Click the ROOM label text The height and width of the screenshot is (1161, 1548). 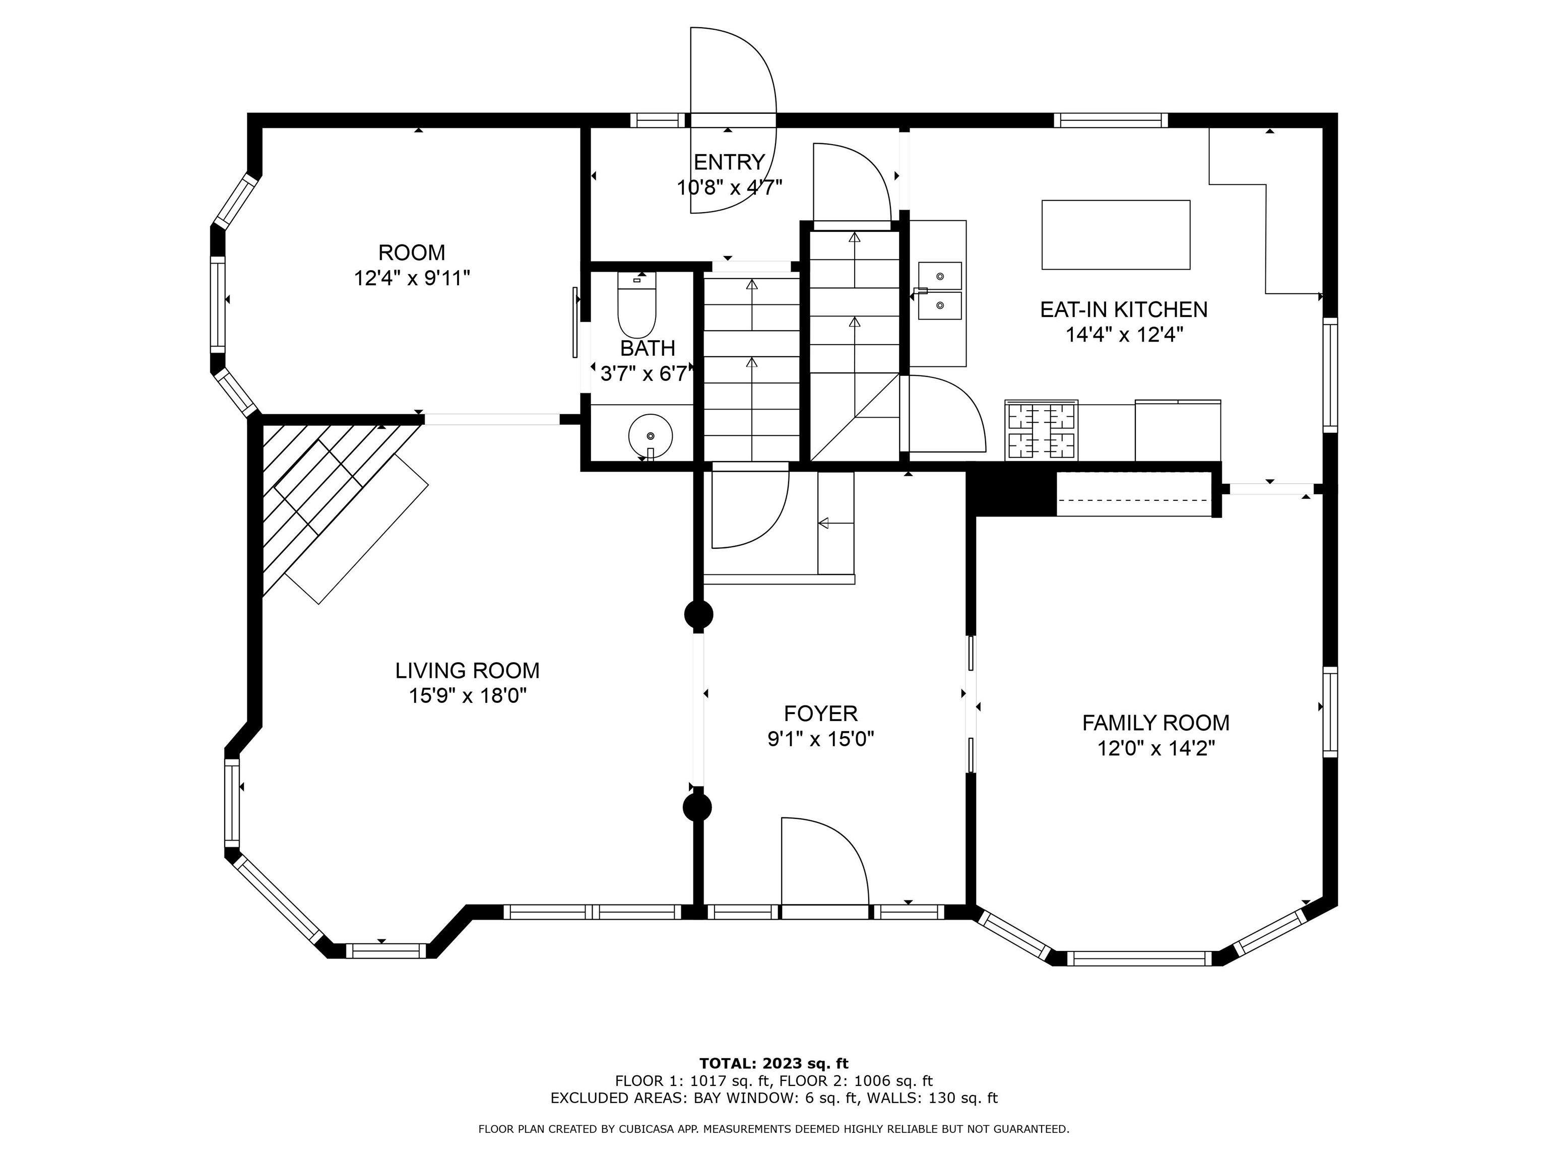(412, 252)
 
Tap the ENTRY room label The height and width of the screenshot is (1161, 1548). (729, 162)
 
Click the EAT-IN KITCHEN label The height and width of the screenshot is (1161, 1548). (1124, 309)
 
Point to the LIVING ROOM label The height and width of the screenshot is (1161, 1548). (468, 670)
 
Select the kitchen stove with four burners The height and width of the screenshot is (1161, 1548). (1042, 430)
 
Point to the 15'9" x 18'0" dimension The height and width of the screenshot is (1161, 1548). (468, 696)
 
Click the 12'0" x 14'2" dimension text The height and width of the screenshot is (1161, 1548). (1156, 748)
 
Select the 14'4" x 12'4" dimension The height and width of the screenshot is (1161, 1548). (1124, 335)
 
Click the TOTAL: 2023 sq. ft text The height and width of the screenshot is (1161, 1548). (774, 1064)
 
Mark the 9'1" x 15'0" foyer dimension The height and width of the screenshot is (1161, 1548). (821, 739)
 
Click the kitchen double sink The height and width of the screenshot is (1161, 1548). (940, 290)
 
